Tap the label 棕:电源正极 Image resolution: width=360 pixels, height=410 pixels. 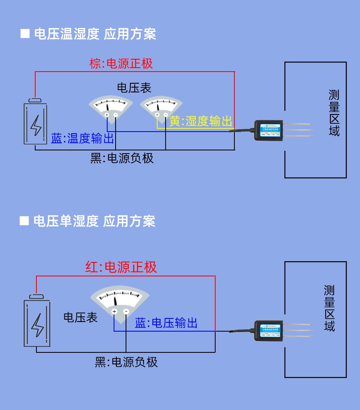[121, 64]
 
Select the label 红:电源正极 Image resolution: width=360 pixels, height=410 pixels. [121, 267]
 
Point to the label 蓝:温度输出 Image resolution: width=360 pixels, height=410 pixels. [82, 138]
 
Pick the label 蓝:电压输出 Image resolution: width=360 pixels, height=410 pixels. [166, 323]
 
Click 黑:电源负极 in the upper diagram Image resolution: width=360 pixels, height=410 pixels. [122, 158]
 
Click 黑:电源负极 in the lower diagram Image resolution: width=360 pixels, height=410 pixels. [126, 362]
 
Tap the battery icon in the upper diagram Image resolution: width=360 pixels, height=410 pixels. [36, 122]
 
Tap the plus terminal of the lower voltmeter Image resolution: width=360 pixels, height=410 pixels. [114, 311]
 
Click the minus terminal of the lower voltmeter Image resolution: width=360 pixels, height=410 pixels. [126, 311]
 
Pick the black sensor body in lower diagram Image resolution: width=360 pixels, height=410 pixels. [269, 331]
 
